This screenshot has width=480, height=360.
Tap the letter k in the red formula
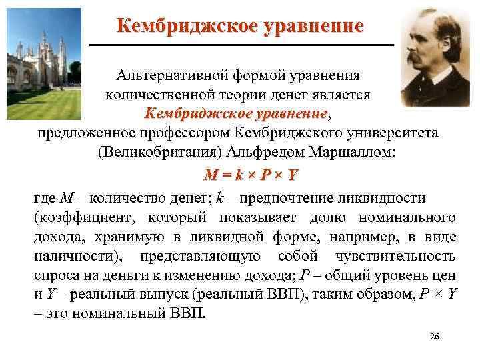click(x=234, y=175)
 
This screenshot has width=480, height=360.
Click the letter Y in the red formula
click(x=293, y=175)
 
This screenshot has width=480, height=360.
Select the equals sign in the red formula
click(x=221, y=175)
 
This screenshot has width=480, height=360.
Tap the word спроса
click(x=55, y=275)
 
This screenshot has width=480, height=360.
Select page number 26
click(x=434, y=336)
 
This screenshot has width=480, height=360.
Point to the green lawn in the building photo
click(x=47, y=93)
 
